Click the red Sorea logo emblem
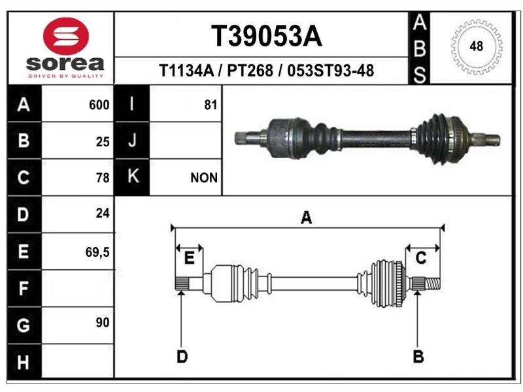click(x=66, y=36)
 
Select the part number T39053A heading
click(x=267, y=37)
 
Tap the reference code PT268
click(x=250, y=71)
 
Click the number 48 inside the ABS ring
click(x=477, y=46)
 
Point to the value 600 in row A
click(x=99, y=105)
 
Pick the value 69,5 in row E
click(x=97, y=252)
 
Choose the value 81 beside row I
click(x=211, y=105)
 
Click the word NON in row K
click(x=204, y=178)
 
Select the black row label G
click(x=24, y=325)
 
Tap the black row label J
click(x=132, y=140)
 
